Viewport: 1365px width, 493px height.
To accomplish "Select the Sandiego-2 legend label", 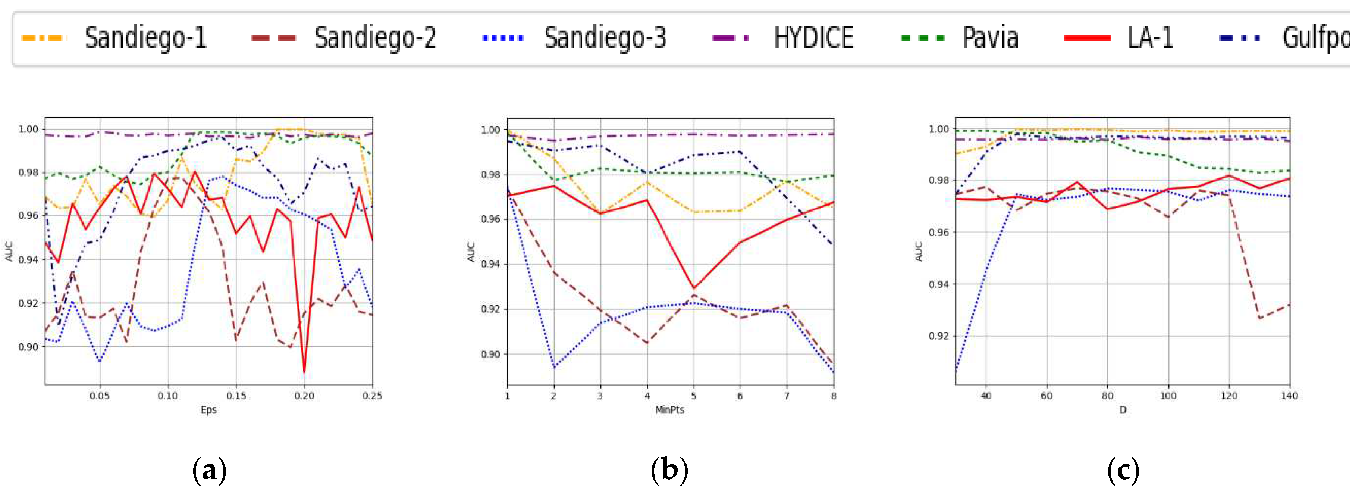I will (x=375, y=38).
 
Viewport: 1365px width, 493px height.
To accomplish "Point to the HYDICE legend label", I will (x=813, y=38).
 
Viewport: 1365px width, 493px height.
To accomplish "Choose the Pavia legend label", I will (x=990, y=38).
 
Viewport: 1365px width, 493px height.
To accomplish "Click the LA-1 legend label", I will (x=1150, y=38).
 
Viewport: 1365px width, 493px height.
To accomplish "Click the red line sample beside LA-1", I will (x=1087, y=38).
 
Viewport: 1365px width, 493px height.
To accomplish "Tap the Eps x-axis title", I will (x=208, y=410).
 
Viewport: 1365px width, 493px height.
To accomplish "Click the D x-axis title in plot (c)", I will (x=1122, y=410).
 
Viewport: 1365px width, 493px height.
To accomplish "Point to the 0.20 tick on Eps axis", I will (x=304, y=396).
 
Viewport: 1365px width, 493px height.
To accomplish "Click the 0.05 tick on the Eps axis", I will (x=100, y=396).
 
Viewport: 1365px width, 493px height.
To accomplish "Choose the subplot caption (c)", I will (x=1123, y=470).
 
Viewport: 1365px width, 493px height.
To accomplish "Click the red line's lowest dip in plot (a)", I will (x=304, y=372).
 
